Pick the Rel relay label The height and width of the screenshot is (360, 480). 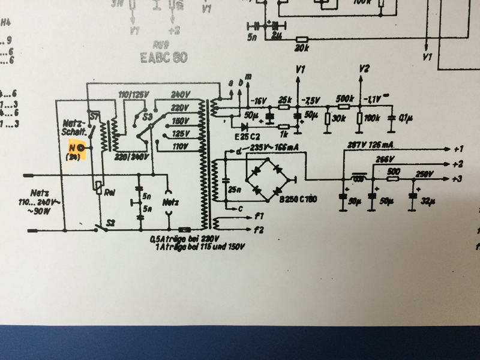coord(110,193)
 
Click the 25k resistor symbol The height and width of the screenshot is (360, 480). coord(284,108)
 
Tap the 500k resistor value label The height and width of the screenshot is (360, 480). coord(345,99)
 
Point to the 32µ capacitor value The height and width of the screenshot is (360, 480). coord(427,200)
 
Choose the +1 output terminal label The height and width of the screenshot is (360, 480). coord(459,148)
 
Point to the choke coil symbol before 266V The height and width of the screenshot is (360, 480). coord(360,178)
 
